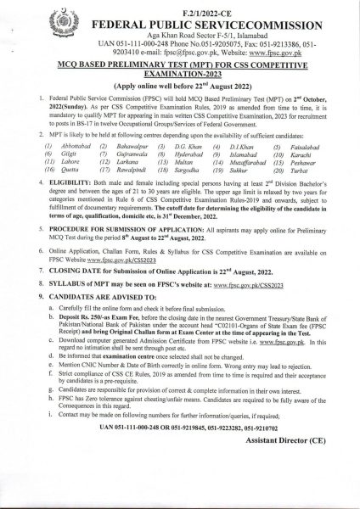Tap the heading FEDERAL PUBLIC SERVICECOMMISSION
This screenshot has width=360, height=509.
pos(194,18)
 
